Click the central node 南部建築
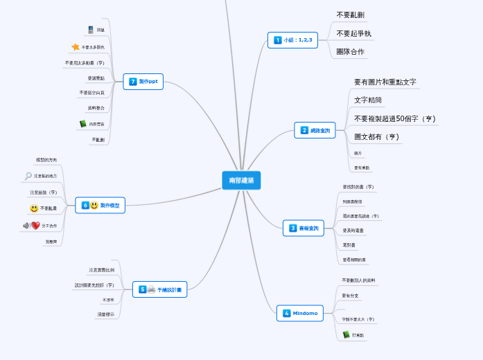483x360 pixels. pyautogui.click(x=241, y=181)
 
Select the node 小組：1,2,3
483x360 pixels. pyautogui.click(x=292, y=40)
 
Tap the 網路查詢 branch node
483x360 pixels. pyautogui.click(x=315, y=130)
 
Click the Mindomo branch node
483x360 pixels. pyautogui.click(x=299, y=313)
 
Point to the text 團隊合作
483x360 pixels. pyautogui.click(x=350, y=52)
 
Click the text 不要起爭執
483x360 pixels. pyautogui.click(x=353, y=33)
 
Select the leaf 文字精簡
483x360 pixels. pyautogui.click(x=367, y=100)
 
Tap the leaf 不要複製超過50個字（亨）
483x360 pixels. pyautogui.click(x=394, y=118)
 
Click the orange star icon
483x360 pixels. pyautogui.click(x=76, y=47)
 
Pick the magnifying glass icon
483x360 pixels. pyautogui.click(x=28, y=177)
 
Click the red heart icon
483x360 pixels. pyautogui.click(x=36, y=226)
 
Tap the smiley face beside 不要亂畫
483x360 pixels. pyautogui.click(x=34, y=208)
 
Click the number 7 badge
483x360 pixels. pyautogui.click(x=133, y=82)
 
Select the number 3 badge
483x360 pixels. pyautogui.click(x=293, y=228)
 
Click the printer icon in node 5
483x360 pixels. pyautogui.click(x=151, y=289)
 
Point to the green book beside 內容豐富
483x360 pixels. pyautogui.click(x=83, y=124)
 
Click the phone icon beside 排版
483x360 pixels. pyautogui.click(x=91, y=30)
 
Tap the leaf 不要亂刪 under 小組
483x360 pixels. pyautogui.click(x=350, y=15)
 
